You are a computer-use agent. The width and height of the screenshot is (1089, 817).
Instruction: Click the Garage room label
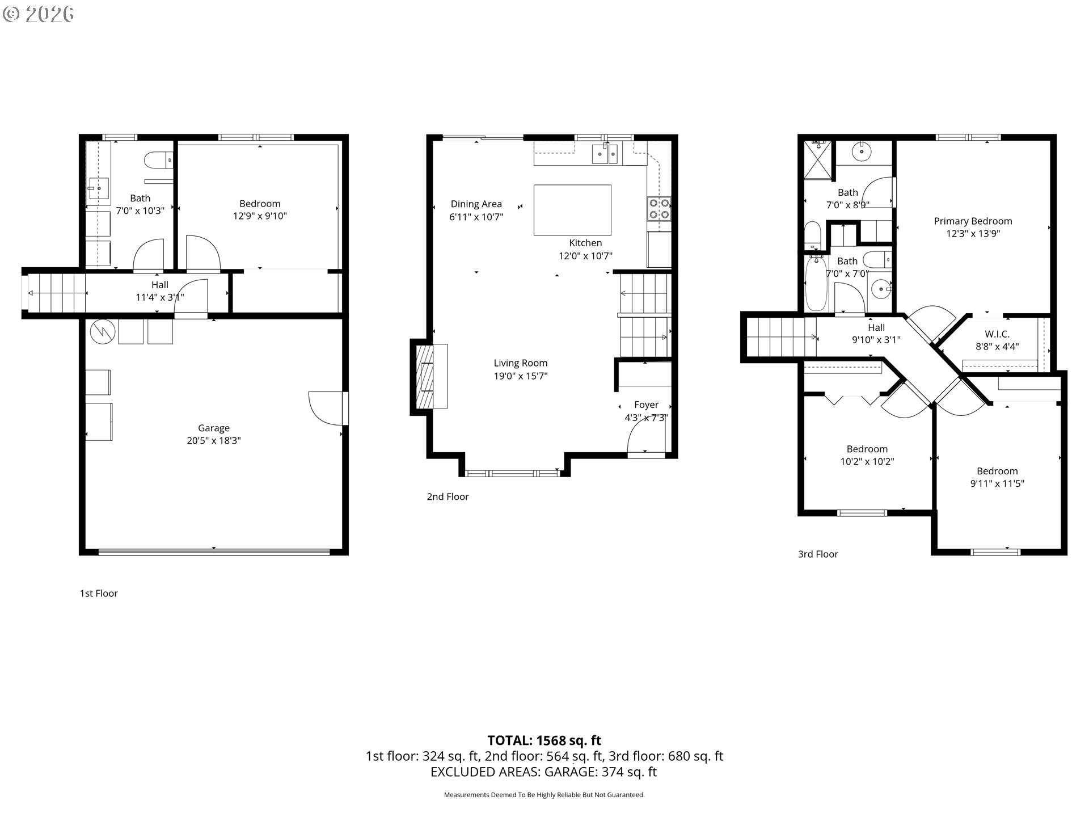point(214,428)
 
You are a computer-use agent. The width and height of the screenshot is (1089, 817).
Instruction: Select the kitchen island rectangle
point(572,210)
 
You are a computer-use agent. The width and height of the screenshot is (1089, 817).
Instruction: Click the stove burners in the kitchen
point(659,208)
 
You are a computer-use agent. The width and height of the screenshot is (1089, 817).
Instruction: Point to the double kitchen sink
point(605,154)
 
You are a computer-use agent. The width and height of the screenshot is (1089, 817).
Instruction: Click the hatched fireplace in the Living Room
point(424,377)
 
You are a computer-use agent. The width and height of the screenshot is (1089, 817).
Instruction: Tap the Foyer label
point(646,405)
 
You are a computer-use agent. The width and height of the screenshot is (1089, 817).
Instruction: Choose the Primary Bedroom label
point(973,221)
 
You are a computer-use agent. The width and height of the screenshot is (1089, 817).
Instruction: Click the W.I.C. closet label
point(997,334)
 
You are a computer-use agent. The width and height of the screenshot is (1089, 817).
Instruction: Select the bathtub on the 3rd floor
point(816,284)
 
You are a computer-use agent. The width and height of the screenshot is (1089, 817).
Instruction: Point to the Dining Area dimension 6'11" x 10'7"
point(476,217)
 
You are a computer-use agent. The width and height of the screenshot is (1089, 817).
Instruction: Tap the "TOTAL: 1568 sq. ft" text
point(544,740)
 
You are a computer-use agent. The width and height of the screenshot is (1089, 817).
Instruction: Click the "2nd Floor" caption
point(448,497)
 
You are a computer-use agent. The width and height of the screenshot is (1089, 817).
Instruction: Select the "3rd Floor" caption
point(818,554)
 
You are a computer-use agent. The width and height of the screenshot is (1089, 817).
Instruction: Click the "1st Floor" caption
point(99,593)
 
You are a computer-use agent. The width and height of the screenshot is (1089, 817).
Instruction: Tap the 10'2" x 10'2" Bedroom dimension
point(867,462)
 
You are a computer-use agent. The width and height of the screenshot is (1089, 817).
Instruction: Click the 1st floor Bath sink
point(99,186)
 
